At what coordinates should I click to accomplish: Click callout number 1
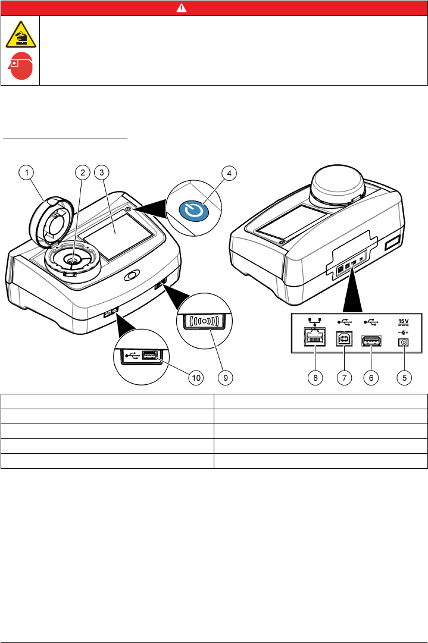click(26, 173)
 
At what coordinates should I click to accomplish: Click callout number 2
click(83, 173)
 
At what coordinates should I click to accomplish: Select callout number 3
click(102, 173)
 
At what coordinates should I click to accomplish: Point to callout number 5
click(405, 377)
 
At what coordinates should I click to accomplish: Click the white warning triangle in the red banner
click(214, 8)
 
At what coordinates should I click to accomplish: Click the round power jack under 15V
click(405, 342)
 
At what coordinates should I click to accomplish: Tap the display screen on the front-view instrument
click(127, 228)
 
